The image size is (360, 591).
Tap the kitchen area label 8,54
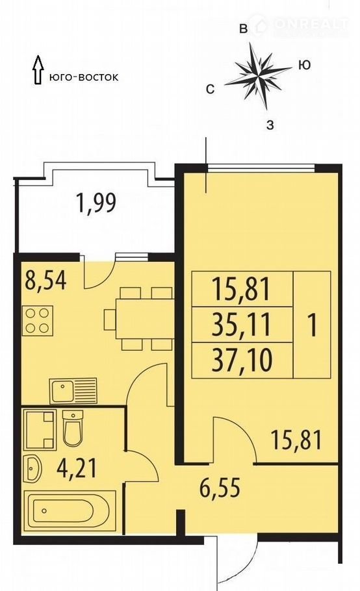(x=45, y=280)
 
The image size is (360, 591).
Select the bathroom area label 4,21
(x=77, y=468)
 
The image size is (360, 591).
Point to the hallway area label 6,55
(x=220, y=489)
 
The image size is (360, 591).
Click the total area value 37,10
(x=242, y=360)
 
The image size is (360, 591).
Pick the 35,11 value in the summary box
(x=242, y=325)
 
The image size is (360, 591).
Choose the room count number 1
(x=312, y=325)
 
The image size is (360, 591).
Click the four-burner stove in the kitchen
(x=37, y=321)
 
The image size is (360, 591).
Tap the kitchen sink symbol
(x=73, y=390)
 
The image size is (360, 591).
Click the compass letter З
(x=270, y=125)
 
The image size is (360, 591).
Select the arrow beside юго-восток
(x=38, y=69)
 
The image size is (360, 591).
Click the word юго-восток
(x=84, y=77)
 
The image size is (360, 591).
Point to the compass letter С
(x=211, y=90)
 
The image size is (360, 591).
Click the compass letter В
(x=244, y=29)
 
